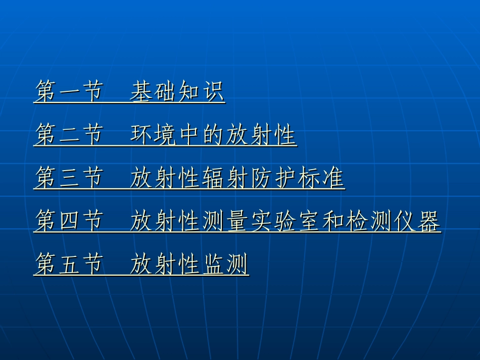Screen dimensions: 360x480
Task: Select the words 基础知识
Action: [x=177, y=92]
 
